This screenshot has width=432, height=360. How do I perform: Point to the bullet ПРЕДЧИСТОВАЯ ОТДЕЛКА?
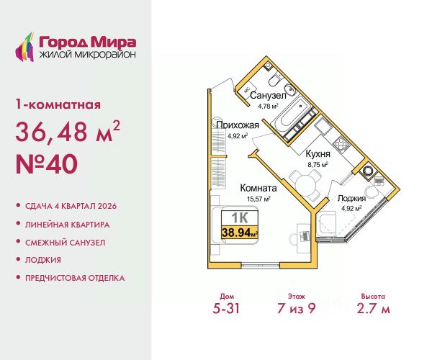coord(81,277)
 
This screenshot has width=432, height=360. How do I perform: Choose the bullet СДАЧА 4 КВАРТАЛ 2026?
coord(76,207)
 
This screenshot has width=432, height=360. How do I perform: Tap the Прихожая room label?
coord(238,124)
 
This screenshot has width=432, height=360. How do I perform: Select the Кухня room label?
coord(318,153)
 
